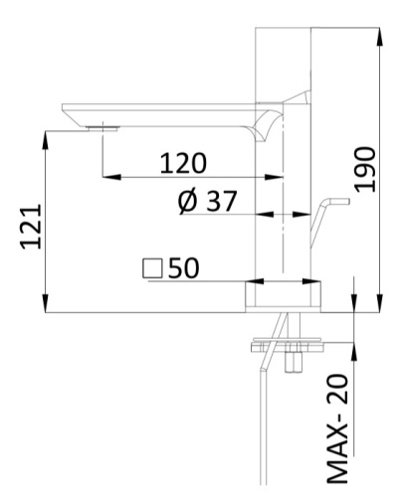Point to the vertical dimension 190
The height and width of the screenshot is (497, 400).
point(363,170)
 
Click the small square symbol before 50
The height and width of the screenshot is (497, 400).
point(152,267)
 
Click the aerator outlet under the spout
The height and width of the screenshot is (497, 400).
point(100,126)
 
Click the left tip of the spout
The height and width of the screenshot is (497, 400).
point(66,109)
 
